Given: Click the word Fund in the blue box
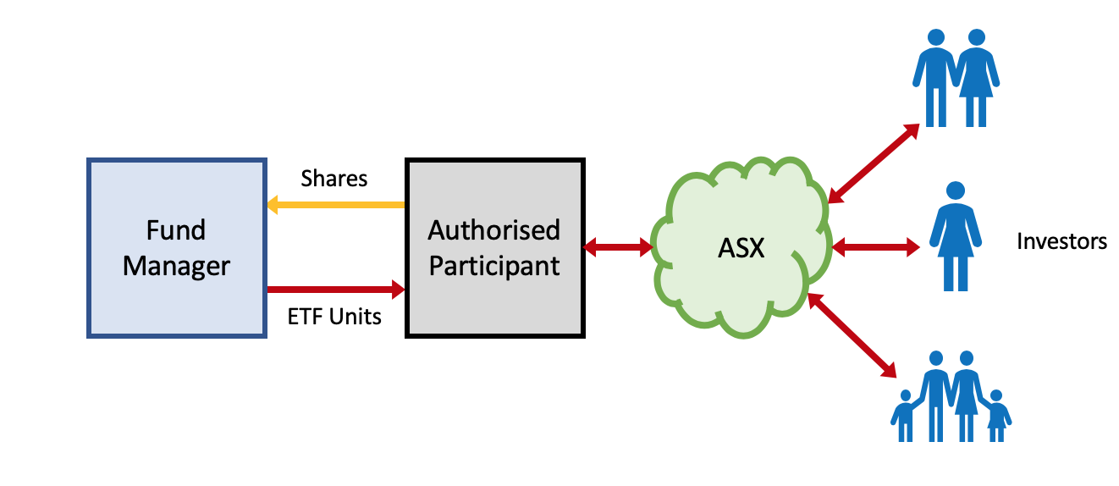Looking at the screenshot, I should pyautogui.click(x=176, y=230).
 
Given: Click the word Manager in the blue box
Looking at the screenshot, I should pyautogui.click(x=176, y=266).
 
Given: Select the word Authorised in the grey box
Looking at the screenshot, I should pyautogui.click(x=494, y=230).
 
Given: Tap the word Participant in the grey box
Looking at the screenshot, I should pyautogui.click(x=494, y=266).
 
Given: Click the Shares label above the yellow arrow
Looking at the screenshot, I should pyautogui.click(x=334, y=179).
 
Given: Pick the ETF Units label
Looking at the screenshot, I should pyautogui.click(x=334, y=317).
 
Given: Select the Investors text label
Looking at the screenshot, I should pyautogui.click(x=1061, y=241).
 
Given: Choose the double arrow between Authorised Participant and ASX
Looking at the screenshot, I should pyautogui.click(x=618, y=247).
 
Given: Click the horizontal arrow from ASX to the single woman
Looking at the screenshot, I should pyautogui.click(x=875, y=247).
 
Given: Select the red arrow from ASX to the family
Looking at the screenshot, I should pyautogui.click(x=852, y=334).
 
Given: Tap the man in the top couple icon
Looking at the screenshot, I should pyautogui.click(x=934, y=76).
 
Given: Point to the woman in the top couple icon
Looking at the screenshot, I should pyautogui.click(x=977, y=76).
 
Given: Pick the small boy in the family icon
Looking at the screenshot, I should pyautogui.click(x=905, y=416).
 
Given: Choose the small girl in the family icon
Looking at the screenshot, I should pyautogui.click(x=996, y=416).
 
